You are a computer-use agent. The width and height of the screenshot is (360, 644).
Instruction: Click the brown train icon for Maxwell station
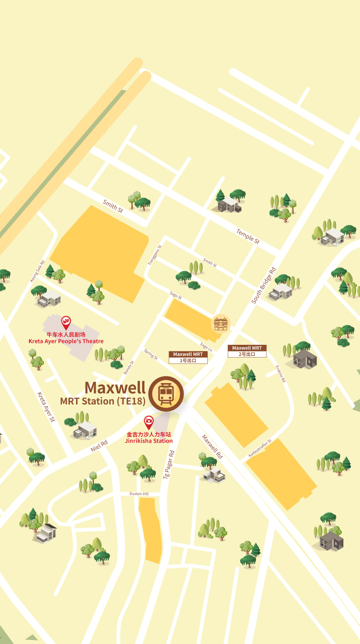166,394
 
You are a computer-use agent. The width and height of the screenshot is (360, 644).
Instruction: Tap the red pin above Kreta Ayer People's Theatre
66,323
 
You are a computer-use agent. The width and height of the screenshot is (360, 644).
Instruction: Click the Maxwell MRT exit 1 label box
188,357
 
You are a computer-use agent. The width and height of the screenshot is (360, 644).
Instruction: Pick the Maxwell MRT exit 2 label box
247,351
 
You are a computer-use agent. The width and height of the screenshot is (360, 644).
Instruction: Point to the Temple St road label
248,236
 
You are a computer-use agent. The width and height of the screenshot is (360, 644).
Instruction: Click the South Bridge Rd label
263,285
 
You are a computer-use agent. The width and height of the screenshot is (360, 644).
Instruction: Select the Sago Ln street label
206,347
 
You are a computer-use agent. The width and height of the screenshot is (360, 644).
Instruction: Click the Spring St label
151,354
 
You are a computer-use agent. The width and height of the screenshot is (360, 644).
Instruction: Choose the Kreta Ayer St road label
46,407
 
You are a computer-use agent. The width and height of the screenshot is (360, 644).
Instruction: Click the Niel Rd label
99,446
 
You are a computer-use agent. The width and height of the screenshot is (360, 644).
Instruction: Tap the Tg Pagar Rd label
169,464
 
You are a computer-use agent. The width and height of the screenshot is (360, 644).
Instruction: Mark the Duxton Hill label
139,494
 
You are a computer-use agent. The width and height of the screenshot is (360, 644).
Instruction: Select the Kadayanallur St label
260,448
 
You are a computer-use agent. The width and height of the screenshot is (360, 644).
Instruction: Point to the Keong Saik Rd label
37,271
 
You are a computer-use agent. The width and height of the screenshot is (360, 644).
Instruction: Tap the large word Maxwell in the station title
115,387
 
